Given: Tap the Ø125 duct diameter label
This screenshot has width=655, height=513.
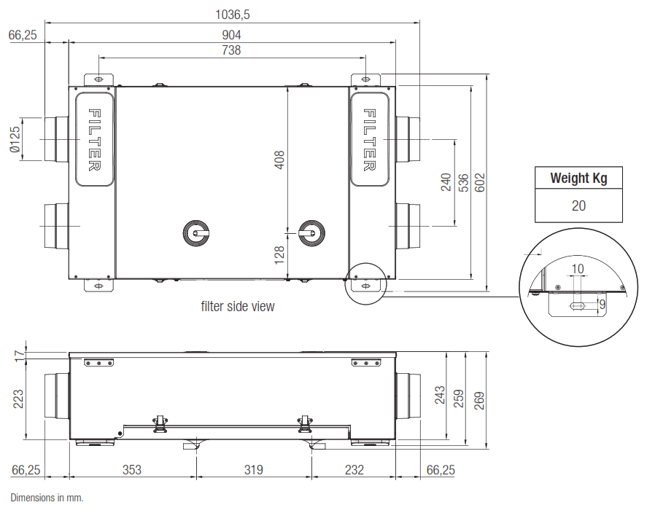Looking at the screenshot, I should click(x=14, y=138).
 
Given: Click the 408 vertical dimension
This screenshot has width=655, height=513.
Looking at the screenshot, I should click(x=279, y=160).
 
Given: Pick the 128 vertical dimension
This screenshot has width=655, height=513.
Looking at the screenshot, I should click(x=279, y=254).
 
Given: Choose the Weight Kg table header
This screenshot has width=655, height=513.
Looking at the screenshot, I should click(x=578, y=178).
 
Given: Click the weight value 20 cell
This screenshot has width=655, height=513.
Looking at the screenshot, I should click(x=578, y=205).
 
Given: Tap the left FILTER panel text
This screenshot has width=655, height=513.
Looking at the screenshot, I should click(x=94, y=139).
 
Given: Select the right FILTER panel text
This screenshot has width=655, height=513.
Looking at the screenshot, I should click(x=370, y=139).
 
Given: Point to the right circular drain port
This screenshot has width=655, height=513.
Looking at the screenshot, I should click(x=312, y=234).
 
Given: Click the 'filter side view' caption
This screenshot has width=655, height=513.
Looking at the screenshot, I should click(x=238, y=307).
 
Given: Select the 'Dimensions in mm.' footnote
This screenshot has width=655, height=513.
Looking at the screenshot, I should click(x=47, y=498).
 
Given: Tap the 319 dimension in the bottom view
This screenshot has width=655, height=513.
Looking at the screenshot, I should click(x=253, y=470).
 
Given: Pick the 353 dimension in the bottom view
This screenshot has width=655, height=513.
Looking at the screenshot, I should click(x=131, y=470).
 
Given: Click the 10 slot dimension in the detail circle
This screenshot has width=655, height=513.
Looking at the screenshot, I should click(x=577, y=269).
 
